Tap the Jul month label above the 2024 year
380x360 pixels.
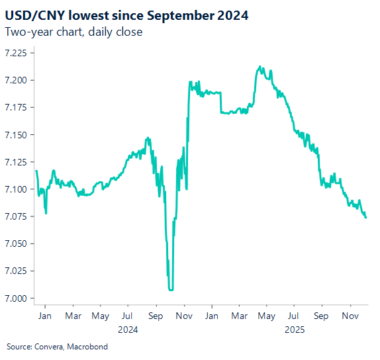[128, 316]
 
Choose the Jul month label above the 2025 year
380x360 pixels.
[293, 316]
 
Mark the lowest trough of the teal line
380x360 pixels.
[171, 289]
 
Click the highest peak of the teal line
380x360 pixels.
[259, 66]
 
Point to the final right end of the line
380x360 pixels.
[366, 217]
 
